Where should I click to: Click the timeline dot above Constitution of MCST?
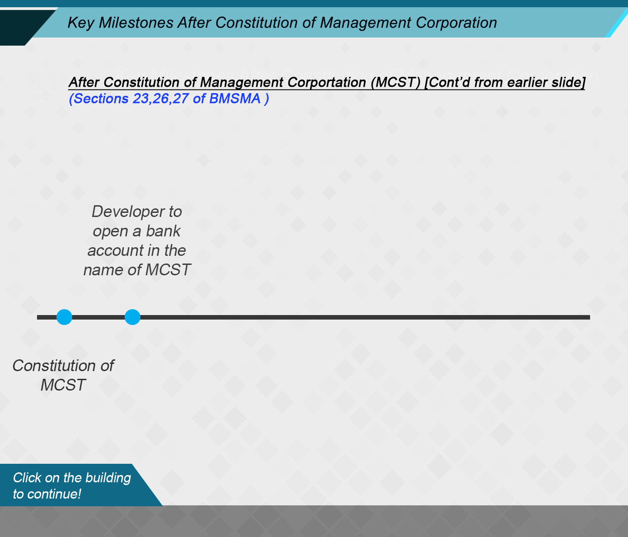pyautogui.click(x=64, y=317)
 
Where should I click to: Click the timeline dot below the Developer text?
pyautogui.click(x=132, y=317)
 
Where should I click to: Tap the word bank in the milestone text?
pyautogui.click(x=163, y=231)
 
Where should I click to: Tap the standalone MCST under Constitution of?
pyautogui.click(x=63, y=385)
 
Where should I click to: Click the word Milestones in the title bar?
pyautogui.click(x=136, y=23)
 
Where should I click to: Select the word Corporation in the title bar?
pyautogui.click(x=456, y=23)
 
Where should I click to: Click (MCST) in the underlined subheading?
pyautogui.click(x=395, y=82)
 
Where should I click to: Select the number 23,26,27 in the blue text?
pyautogui.click(x=161, y=99)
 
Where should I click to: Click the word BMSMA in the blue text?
pyautogui.click(x=235, y=99)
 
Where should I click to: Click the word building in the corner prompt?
pyautogui.click(x=108, y=478)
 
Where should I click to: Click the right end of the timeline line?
pyautogui.click(x=590, y=317)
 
